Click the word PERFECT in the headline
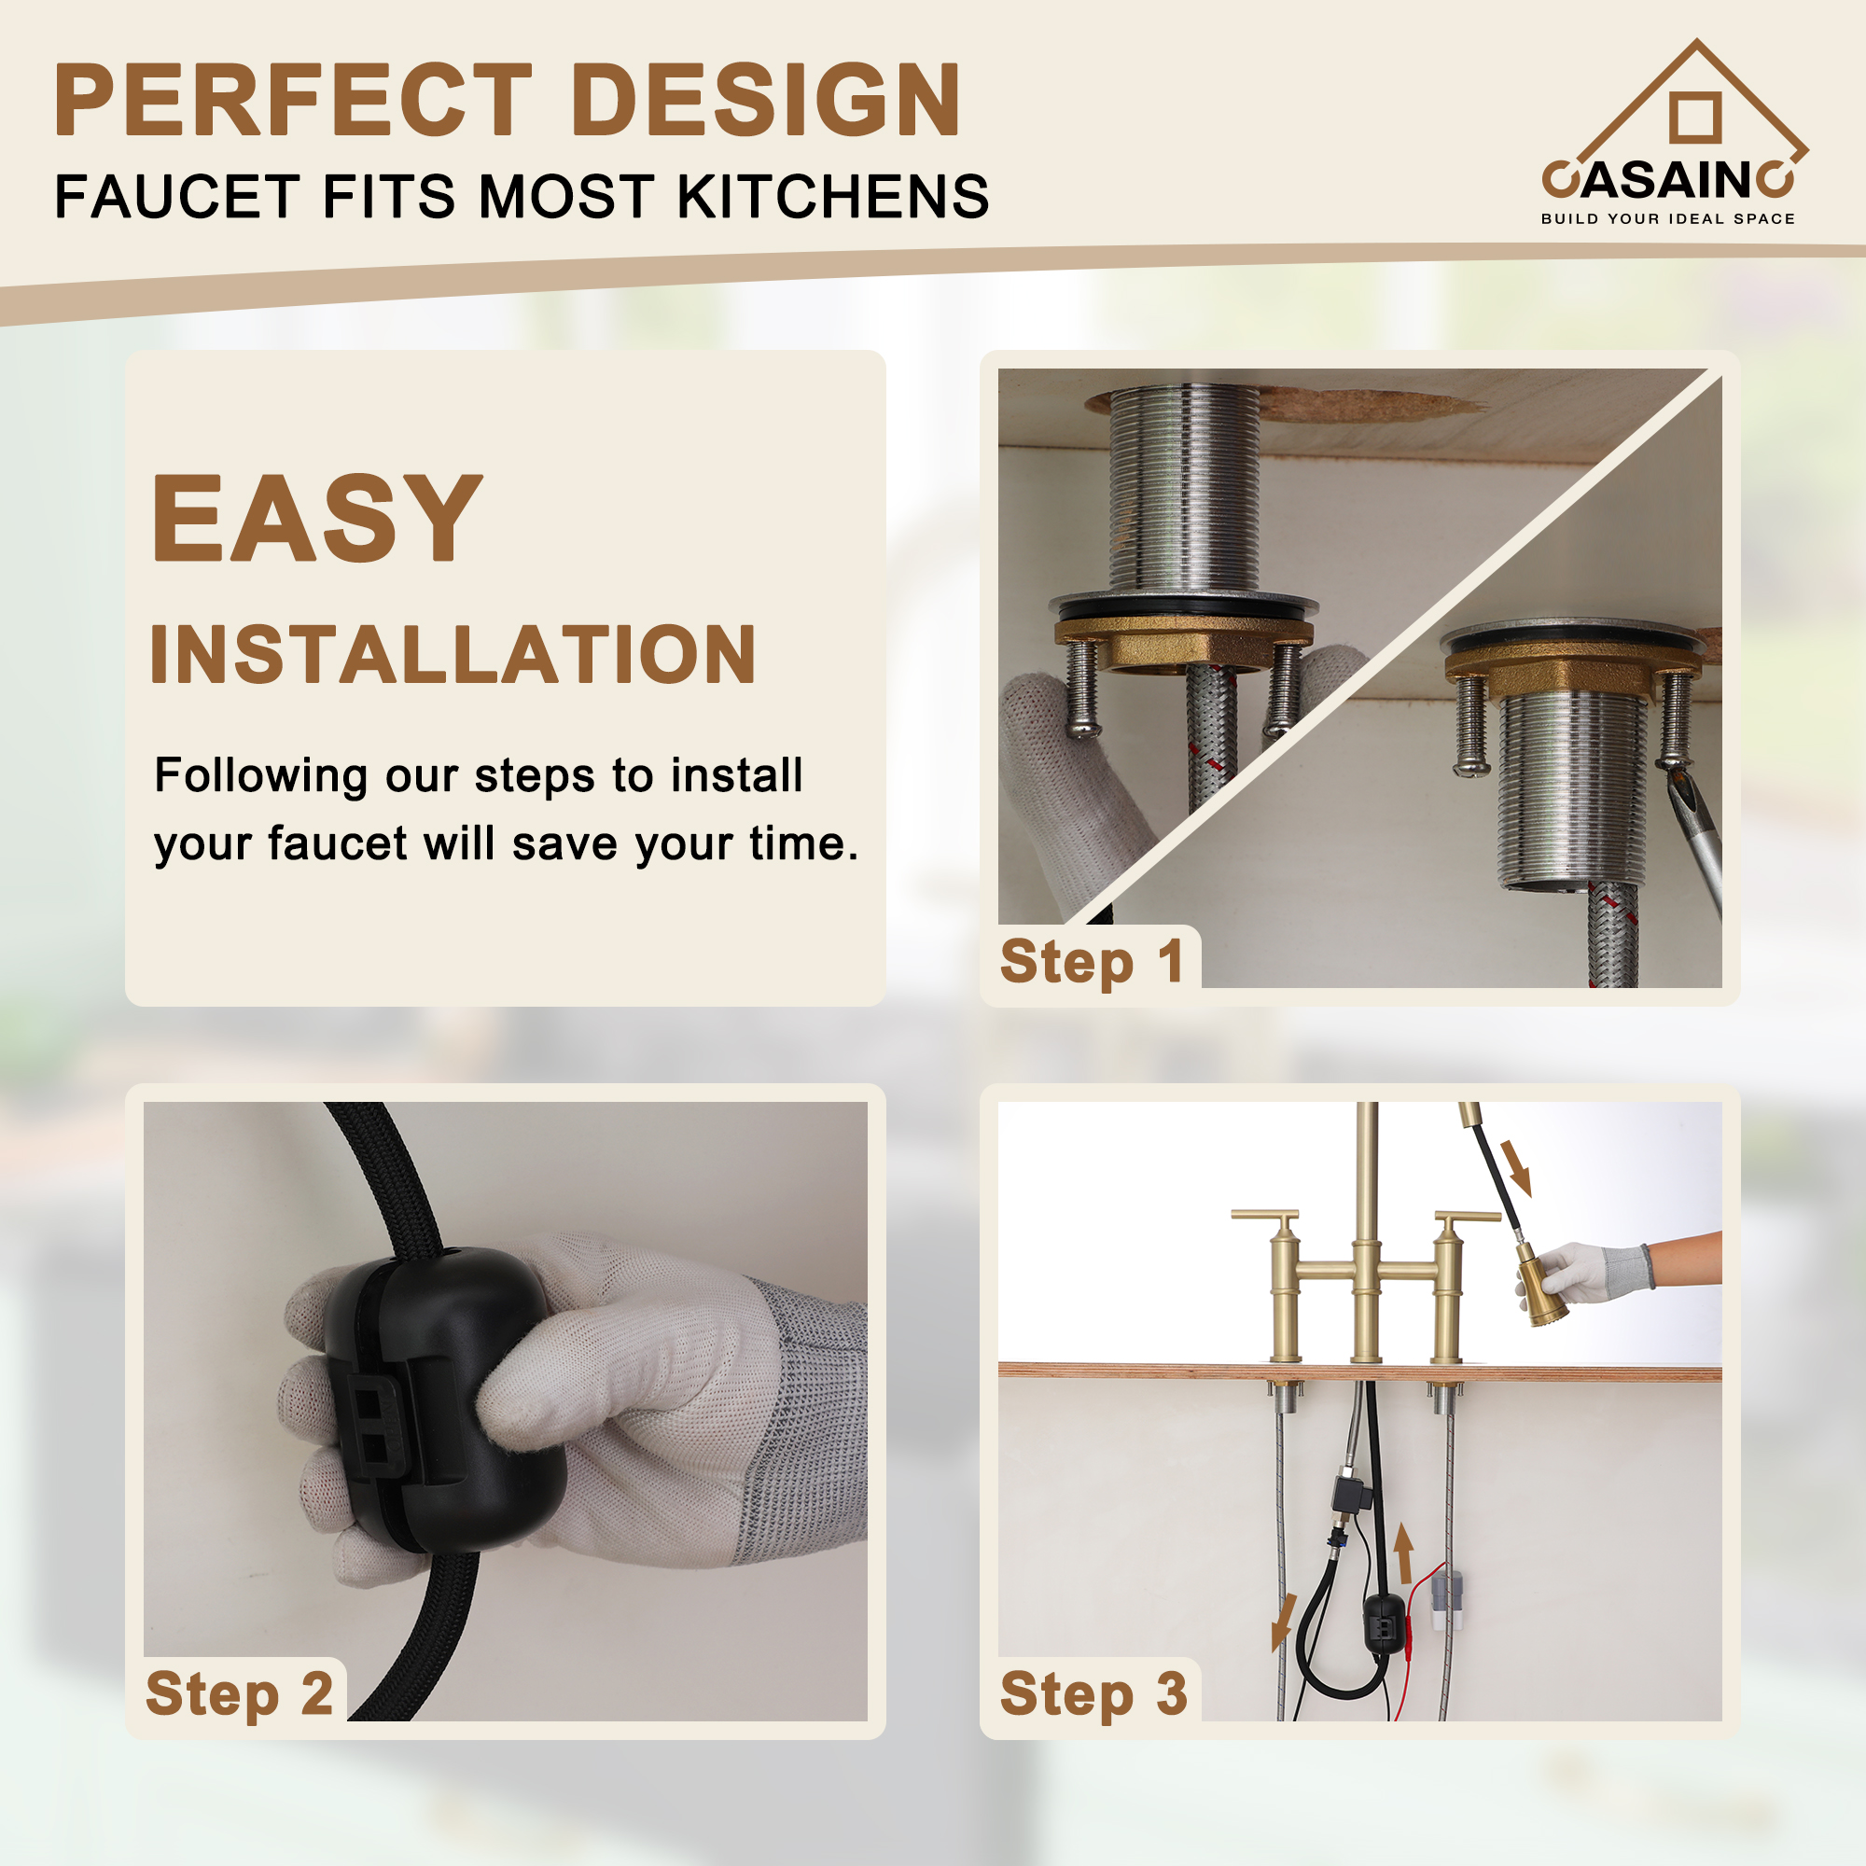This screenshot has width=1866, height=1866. click(x=292, y=101)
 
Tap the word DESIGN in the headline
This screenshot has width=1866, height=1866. click(x=766, y=101)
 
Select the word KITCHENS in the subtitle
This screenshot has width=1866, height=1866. click(x=832, y=197)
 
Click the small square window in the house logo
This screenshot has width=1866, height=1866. click(x=1695, y=117)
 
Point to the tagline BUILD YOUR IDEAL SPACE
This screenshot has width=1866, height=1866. click(x=1667, y=219)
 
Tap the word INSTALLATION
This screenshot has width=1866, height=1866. click(x=452, y=655)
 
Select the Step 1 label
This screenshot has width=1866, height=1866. click(x=1092, y=962)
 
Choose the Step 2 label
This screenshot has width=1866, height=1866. click(x=239, y=1693)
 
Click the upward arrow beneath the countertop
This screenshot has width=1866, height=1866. click(x=1405, y=1553)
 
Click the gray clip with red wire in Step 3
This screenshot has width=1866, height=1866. click(x=1446, y=1594)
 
